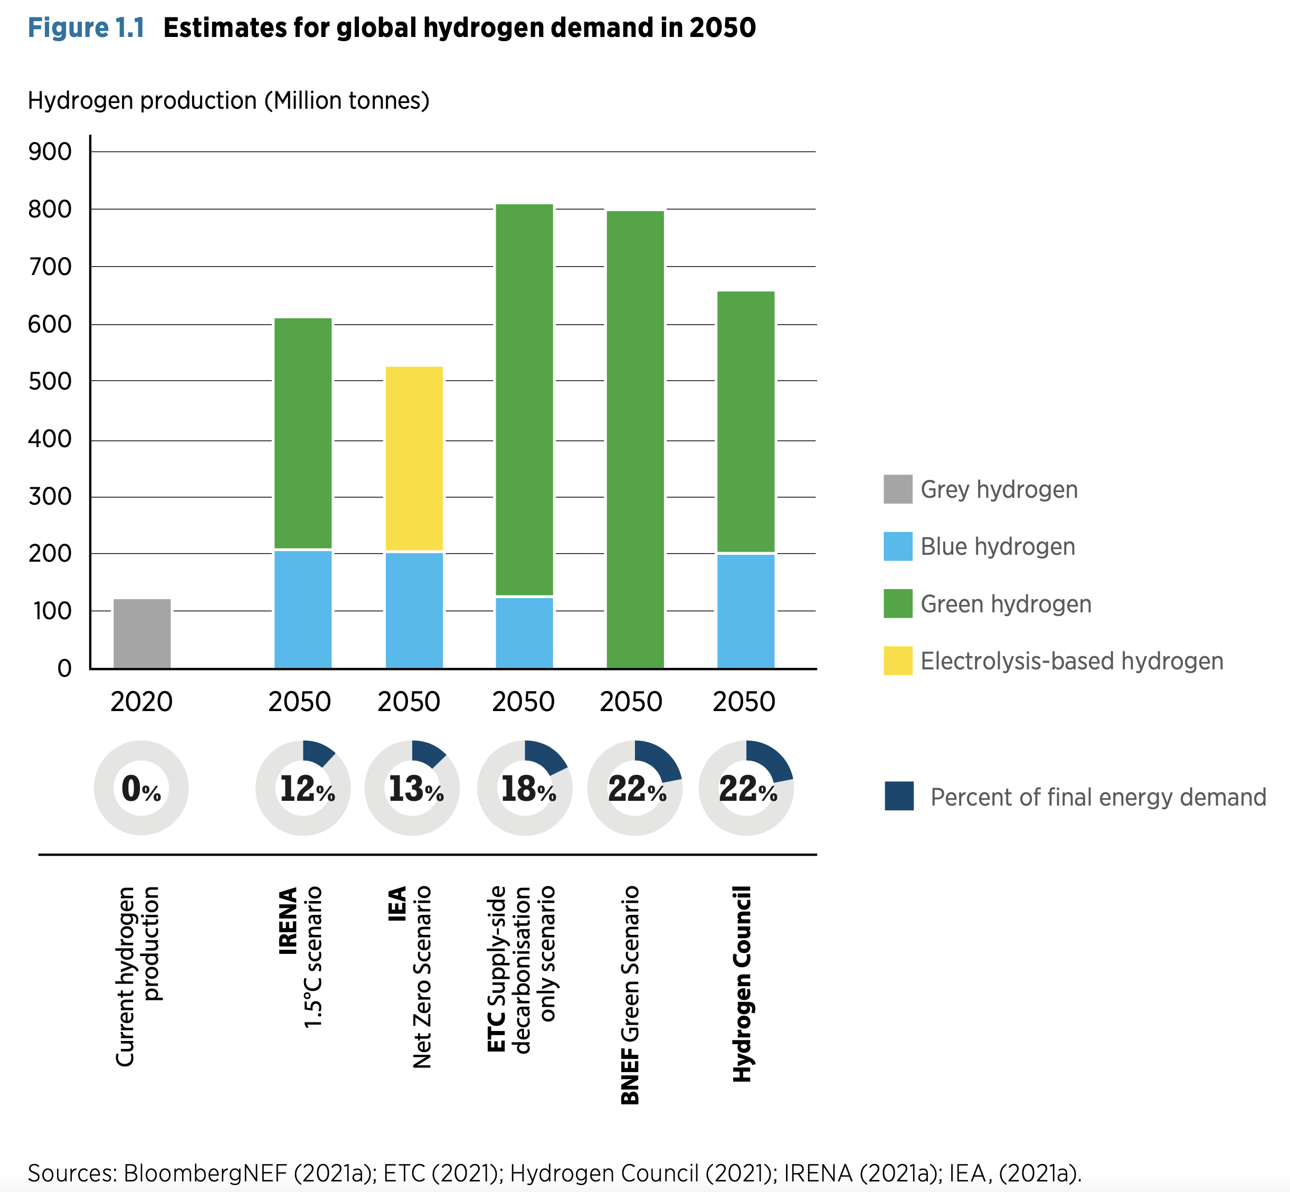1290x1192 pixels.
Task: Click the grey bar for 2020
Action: pos(142,633)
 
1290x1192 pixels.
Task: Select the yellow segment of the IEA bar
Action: pos(414,459)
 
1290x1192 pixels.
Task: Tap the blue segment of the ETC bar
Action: pos(524,633)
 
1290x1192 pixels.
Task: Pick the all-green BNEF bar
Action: pos(635,439)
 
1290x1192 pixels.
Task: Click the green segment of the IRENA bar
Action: pos(303,433)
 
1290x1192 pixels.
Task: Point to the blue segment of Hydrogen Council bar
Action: pos(746,611)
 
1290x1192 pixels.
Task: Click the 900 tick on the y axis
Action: pos(50,152)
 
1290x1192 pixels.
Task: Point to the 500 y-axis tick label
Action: pos(50,381)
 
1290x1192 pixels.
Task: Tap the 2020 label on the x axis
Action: pos(141,701)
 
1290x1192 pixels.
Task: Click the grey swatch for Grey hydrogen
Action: pos(898,489)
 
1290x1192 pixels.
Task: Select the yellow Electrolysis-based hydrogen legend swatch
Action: pos(898,660)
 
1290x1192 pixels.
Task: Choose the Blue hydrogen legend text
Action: pos(998,546)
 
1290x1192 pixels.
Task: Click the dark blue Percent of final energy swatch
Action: pos(899,796)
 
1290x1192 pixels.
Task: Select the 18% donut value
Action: pos(528,789)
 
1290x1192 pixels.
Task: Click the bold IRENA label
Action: pos(288,921)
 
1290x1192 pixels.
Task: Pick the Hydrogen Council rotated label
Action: pos(743,983)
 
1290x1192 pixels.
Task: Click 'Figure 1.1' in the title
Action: pos(87,28)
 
